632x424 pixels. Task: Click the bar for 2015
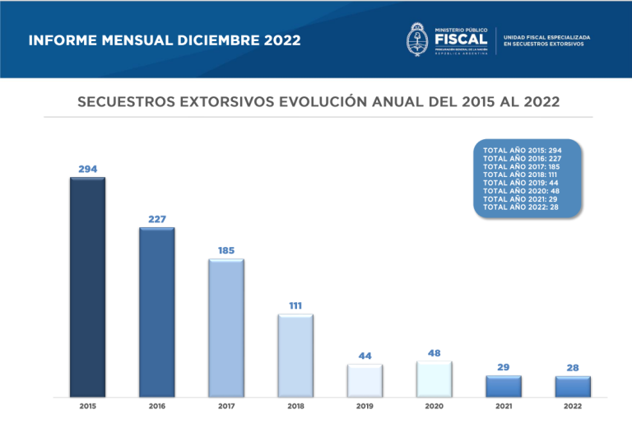pos(87,287)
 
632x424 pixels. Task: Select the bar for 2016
pos(156,312)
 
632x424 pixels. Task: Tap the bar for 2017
pos(225,328)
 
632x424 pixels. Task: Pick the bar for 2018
pos(295,356)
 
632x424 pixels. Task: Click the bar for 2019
pos(365,380)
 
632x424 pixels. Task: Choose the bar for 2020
pos(434,379)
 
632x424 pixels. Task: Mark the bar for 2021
pos(503,386)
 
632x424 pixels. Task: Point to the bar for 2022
pos(573,387)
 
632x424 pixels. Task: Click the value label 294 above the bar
pos(87,169)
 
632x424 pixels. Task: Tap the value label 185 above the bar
pos(225,249)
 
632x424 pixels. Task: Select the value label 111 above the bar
pos(295,305)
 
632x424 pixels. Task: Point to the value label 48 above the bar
pos(434,352)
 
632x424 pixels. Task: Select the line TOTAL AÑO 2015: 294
pos(522,151)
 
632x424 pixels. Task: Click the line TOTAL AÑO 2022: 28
pos(519,207)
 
